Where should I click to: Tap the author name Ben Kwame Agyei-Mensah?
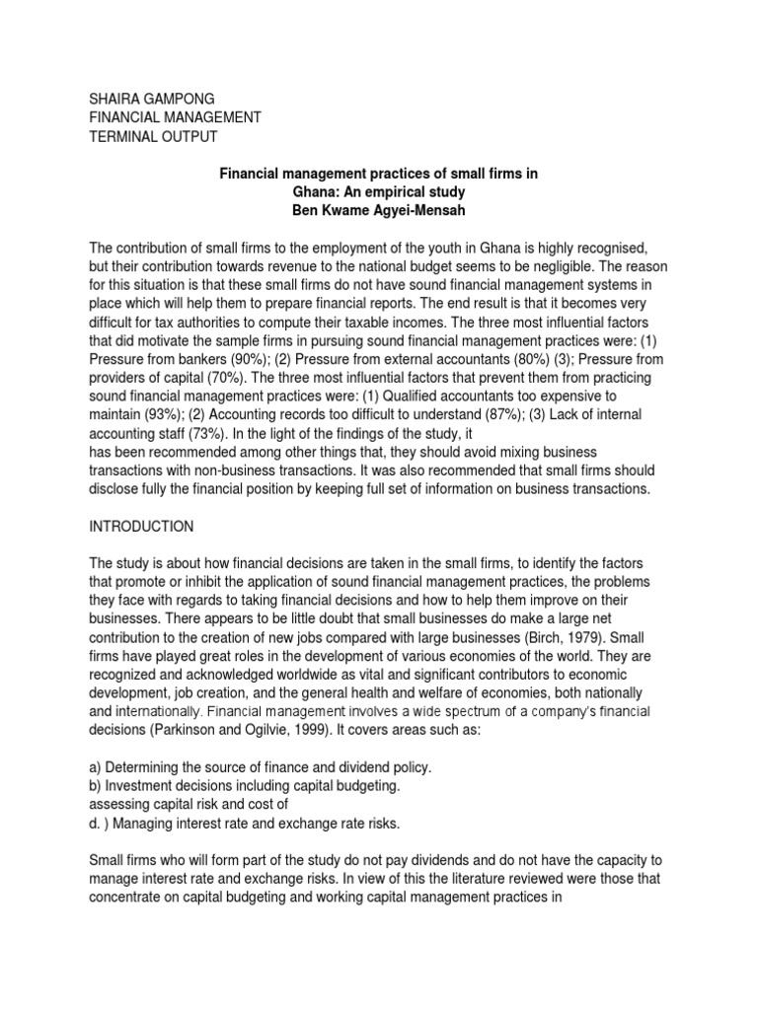tap(378, 211)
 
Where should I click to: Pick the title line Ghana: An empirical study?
tap(377, 192)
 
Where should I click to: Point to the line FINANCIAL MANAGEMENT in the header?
tap(170, 117)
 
